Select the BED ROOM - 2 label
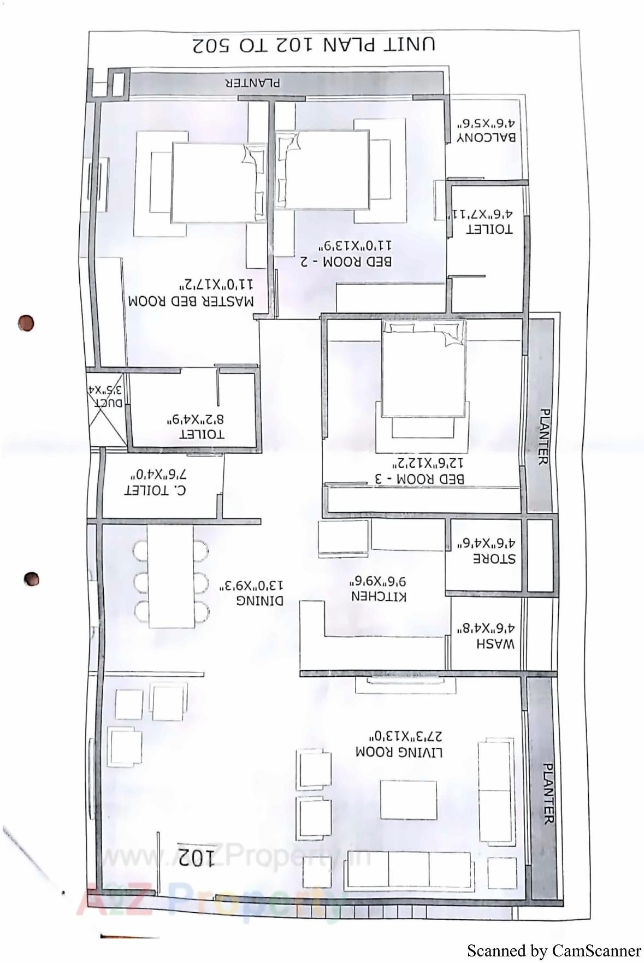point(346,261)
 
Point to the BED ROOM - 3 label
point(419,479)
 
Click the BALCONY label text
point(486,137)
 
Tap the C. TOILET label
point(155,490)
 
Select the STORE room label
point(493,559)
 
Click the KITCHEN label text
point(379,596)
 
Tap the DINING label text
point(259,600)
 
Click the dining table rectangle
point(170,576)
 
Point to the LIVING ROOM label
point(399,752)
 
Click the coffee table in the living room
point(408,800)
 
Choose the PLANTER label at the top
point(252,83)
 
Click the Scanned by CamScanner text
point(553,951)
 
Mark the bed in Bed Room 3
point(424,369)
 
